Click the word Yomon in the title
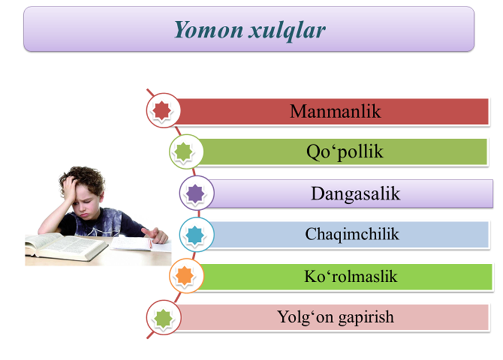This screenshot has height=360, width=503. (209, 30)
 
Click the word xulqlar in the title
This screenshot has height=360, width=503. (287, 31)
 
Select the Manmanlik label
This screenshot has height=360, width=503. (335, 111)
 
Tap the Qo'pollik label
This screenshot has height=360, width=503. (345, 151)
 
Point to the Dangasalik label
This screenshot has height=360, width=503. (355, 194)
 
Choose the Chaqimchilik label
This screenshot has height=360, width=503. (352, 234)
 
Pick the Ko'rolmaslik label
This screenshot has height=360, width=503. (351, 276)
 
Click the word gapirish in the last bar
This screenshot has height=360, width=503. (366, 317)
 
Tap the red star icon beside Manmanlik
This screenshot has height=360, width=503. (162, 111)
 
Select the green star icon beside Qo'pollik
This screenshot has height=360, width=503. (183, 151)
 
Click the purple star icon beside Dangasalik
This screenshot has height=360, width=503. (195, 194)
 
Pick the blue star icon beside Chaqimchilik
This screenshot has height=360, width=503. (195, 234)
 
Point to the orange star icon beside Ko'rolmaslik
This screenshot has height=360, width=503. (184, 276)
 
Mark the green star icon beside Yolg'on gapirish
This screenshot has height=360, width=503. (163, 318)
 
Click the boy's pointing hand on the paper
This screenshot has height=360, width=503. (156, 236)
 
